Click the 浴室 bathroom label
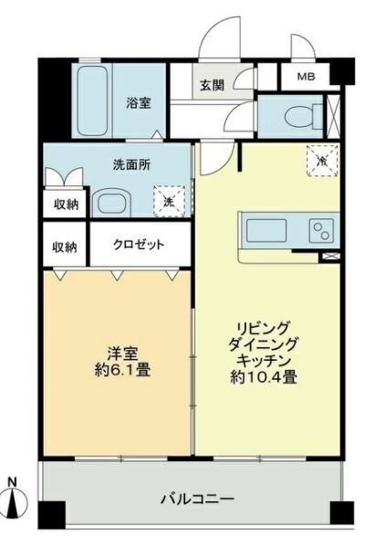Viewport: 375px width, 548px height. (139, 103)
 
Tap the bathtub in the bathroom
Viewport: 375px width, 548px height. (92, 100)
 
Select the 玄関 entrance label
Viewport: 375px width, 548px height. (212, 85)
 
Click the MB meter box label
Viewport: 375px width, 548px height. (306, 77)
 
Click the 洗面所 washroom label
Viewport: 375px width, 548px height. (131, 164)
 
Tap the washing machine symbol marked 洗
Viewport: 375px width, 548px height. (169, 202)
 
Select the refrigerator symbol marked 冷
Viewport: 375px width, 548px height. (322, 160)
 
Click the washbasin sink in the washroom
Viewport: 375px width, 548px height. (111, 204)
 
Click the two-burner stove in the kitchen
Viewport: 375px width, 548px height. (321, 231)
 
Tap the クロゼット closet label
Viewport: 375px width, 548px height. (139, 245)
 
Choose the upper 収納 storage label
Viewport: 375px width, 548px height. (66, 205)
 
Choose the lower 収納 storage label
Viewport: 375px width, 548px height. (65, 248)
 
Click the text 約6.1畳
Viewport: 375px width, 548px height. (122, 370)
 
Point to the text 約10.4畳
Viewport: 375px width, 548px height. (264, 377)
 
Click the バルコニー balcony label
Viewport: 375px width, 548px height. (197, 499)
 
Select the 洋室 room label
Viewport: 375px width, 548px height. (122, 354)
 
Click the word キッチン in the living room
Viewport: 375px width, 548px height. (264, 360)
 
